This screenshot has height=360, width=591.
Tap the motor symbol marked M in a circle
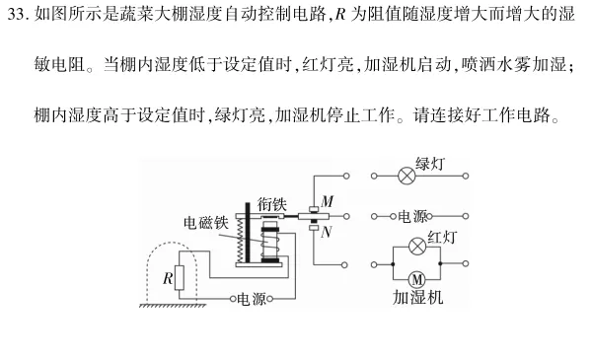pyautogui.click(x=415, y=278)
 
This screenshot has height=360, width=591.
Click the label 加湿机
pyautogui.click(x=416, y=298)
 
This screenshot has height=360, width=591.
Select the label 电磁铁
pyautogui.click(x=208, y=223)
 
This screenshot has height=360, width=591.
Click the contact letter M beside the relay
pyautogui.click(x=326, y=199)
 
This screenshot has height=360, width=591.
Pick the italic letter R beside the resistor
pyautogui.click(x=166, y=278)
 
